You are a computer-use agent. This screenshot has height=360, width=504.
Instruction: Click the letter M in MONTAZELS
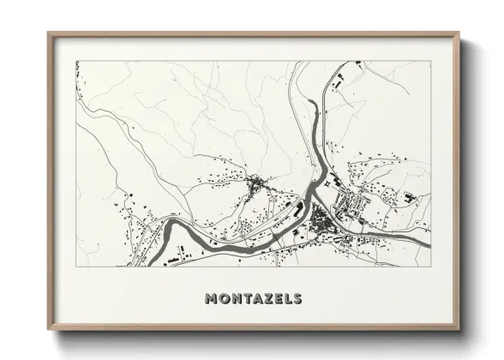[x=212, y=299]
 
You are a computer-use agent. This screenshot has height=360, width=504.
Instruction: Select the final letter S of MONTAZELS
[x=297, y=299]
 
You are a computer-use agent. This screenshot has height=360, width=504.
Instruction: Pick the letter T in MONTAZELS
[x=245, y=299]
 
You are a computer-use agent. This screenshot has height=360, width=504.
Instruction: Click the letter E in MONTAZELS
[x=276, y=299]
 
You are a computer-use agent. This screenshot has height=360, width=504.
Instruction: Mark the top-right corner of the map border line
[x=429, y=61]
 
